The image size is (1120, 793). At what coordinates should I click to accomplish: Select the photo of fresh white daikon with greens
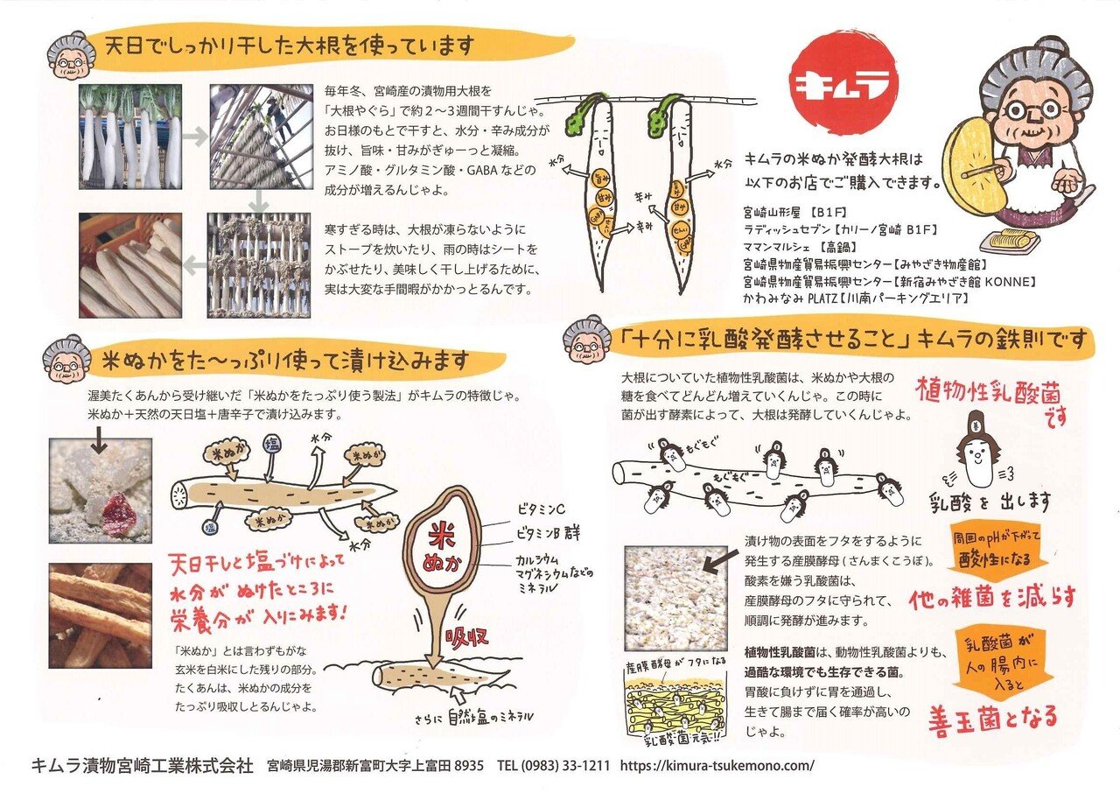pyautogui.click(x=130, y=137)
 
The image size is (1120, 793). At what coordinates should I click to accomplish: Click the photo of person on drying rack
pyautogui.click(x=260, y=137)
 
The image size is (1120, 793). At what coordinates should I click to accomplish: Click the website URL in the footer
pyautogui.click(x=717, y=764)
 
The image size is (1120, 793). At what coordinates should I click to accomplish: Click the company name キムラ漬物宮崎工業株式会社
pyautogui.click(x=142, y=765)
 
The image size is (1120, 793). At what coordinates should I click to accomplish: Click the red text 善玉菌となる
pyautogui.click(x=992, y=716)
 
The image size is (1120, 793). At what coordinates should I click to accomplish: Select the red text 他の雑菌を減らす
pyautogui.click(x=992, y=598)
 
